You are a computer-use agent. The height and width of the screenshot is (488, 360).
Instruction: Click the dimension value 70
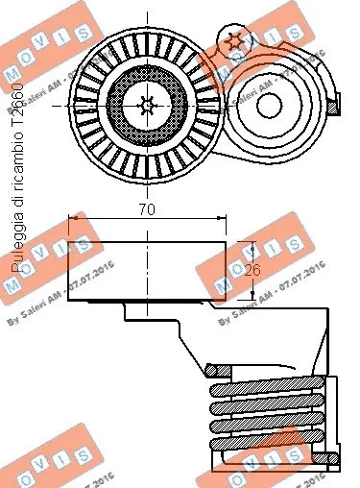tap(146, 207)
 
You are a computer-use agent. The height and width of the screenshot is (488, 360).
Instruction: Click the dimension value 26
tap(252, 270)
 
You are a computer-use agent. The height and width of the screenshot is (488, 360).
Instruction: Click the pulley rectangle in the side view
tap(146, 269)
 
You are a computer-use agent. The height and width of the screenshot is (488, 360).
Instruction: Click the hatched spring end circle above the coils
tap(216, 369)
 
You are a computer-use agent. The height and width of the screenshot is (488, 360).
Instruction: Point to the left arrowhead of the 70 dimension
tap(71, 221)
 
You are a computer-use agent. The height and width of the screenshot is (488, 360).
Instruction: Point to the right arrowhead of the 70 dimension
tap(224, 221)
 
